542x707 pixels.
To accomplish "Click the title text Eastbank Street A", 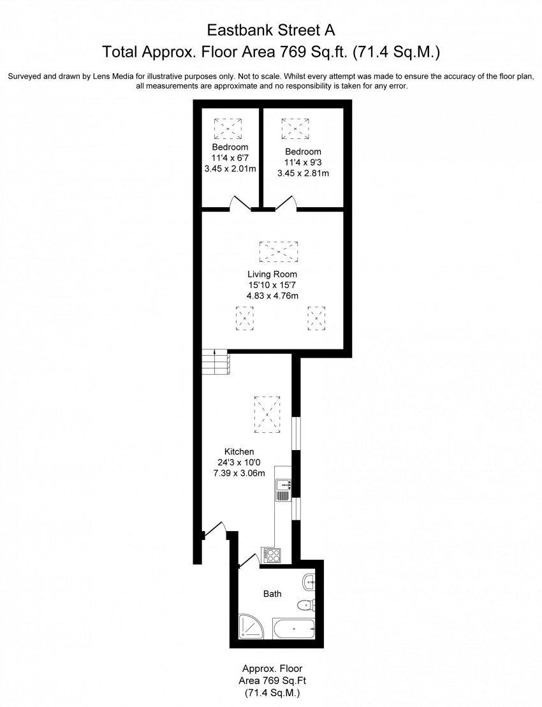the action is [x=271, y=30].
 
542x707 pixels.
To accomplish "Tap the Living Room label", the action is [x=272, y=274].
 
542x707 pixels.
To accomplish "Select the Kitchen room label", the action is [x=239, y=451].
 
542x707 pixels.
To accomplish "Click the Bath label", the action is [x=272, y=594].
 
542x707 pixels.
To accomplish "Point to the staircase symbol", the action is [x=216, y=362].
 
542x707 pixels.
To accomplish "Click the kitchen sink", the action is [x=283, y=485].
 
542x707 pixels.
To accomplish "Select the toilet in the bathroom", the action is [x=307, y=604].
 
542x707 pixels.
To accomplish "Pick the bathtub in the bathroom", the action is [x=294, y=628].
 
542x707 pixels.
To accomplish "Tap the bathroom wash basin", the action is [x=310, y=581].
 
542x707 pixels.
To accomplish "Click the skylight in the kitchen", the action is [x=268, y=414].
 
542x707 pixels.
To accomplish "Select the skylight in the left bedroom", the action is [x=228, y=129].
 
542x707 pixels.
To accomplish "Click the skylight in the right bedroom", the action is [x=295, y=129].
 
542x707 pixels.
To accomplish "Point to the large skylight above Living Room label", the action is [x=279, y=251].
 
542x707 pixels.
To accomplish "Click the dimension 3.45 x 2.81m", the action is [x=303, y=173].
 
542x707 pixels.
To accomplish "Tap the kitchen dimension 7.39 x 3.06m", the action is [x=239, y=473].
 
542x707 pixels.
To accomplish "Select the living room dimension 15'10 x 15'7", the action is [x=272, y=285].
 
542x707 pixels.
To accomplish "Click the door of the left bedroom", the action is [x=241, y=203].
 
